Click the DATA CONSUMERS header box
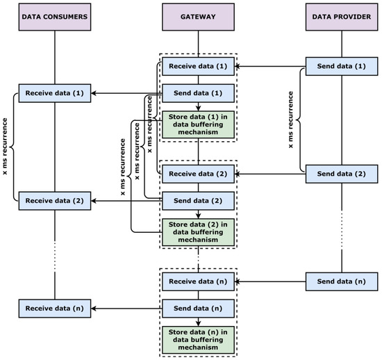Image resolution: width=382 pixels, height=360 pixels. click(55, 16)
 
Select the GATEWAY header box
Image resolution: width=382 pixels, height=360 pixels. click(199, 16)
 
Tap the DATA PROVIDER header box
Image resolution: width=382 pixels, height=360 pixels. click(342, 16)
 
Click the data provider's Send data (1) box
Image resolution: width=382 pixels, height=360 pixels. click(342, 67)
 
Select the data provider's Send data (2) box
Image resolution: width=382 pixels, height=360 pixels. click(342, 172)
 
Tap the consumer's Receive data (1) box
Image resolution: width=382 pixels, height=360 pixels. click(55, 92)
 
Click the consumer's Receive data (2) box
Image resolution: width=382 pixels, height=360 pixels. click(55, 199)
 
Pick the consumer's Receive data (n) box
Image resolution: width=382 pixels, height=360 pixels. click(55, 306)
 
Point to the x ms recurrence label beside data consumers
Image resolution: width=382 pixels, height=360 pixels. click(5, 146)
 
